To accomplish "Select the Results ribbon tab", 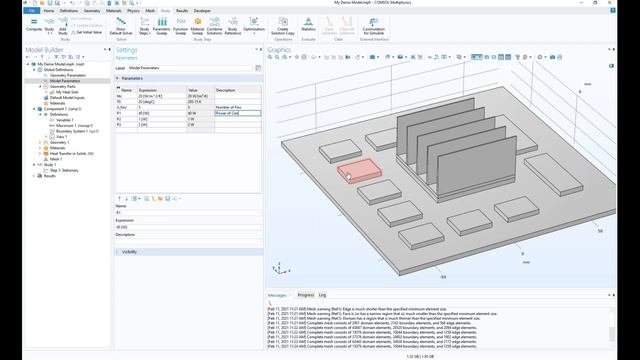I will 182,10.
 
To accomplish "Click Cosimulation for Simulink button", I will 374,29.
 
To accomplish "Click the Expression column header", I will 149,90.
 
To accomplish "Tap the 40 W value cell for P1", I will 199,114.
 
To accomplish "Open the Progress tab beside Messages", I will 306,295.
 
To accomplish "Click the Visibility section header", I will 130,252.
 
